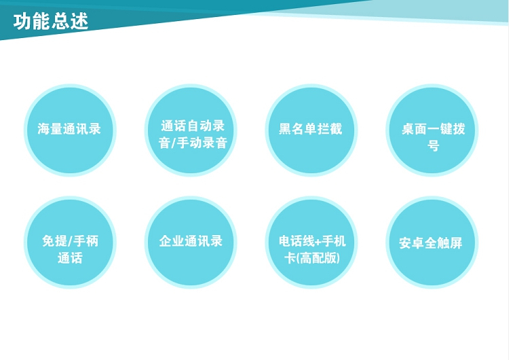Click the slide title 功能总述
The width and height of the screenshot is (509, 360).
pos(51,22)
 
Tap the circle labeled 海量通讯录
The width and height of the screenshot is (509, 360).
pos(70,130)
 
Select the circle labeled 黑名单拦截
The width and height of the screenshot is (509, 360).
pos(312,130)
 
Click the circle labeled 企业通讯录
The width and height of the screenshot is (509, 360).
pos(191,242)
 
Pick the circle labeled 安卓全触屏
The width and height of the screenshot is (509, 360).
pos(432,242)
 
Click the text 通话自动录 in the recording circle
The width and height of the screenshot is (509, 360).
pos(193,126)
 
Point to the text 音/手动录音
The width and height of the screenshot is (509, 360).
pos(193,143)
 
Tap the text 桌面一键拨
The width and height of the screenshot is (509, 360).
pos(434,128)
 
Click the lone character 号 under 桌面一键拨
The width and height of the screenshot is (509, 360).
pos(434,145)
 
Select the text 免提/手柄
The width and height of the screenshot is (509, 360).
pos(70,240)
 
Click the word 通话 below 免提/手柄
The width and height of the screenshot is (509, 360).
pos(70,257)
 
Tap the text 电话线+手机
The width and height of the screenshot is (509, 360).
pos(312,240)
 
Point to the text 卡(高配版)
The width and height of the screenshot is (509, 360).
pos(312,258)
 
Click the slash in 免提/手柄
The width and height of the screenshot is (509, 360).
pos(70,241)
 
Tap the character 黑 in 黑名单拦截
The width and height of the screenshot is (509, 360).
pos(285,128)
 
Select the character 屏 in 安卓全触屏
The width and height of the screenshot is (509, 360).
pos(457,242)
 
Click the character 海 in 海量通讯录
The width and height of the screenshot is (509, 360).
pos(44,128)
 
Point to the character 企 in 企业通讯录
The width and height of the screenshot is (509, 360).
pos(166,241)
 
